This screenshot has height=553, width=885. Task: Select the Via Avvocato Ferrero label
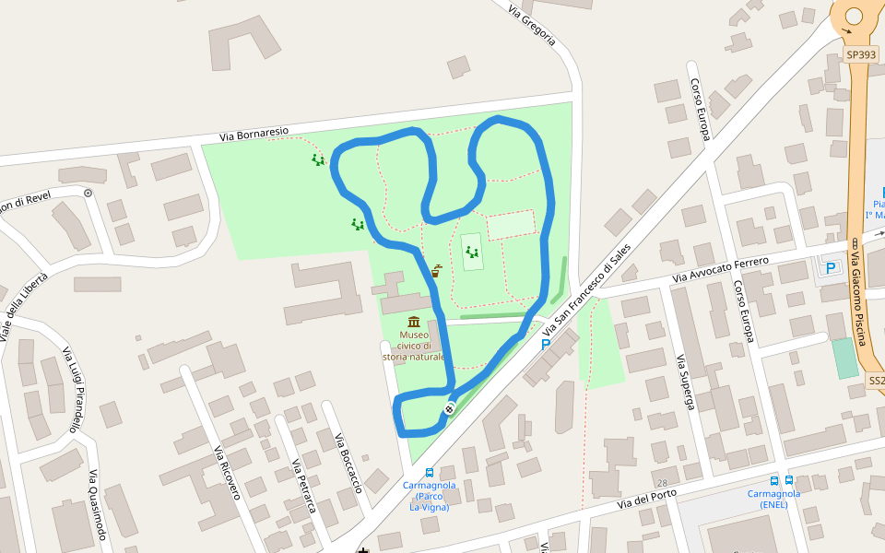(x=720, y=269)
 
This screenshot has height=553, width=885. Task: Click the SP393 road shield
(x=861, y=55)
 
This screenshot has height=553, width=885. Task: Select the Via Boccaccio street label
(x=348, y=462)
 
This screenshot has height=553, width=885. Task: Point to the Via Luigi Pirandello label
(x=71, y=389)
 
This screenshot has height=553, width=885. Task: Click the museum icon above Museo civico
(x=414, y=322)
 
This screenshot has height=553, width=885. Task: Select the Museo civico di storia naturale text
(x=414, y=346)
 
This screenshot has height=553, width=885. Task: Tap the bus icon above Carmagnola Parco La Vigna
(x=430, y=473)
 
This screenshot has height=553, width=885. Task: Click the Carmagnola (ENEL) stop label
(x=773, y=499)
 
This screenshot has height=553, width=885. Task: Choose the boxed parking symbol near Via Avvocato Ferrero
(x=832, y=268)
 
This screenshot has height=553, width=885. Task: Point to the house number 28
(x=662, y=483)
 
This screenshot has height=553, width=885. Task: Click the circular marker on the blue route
(x=449, y=408)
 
